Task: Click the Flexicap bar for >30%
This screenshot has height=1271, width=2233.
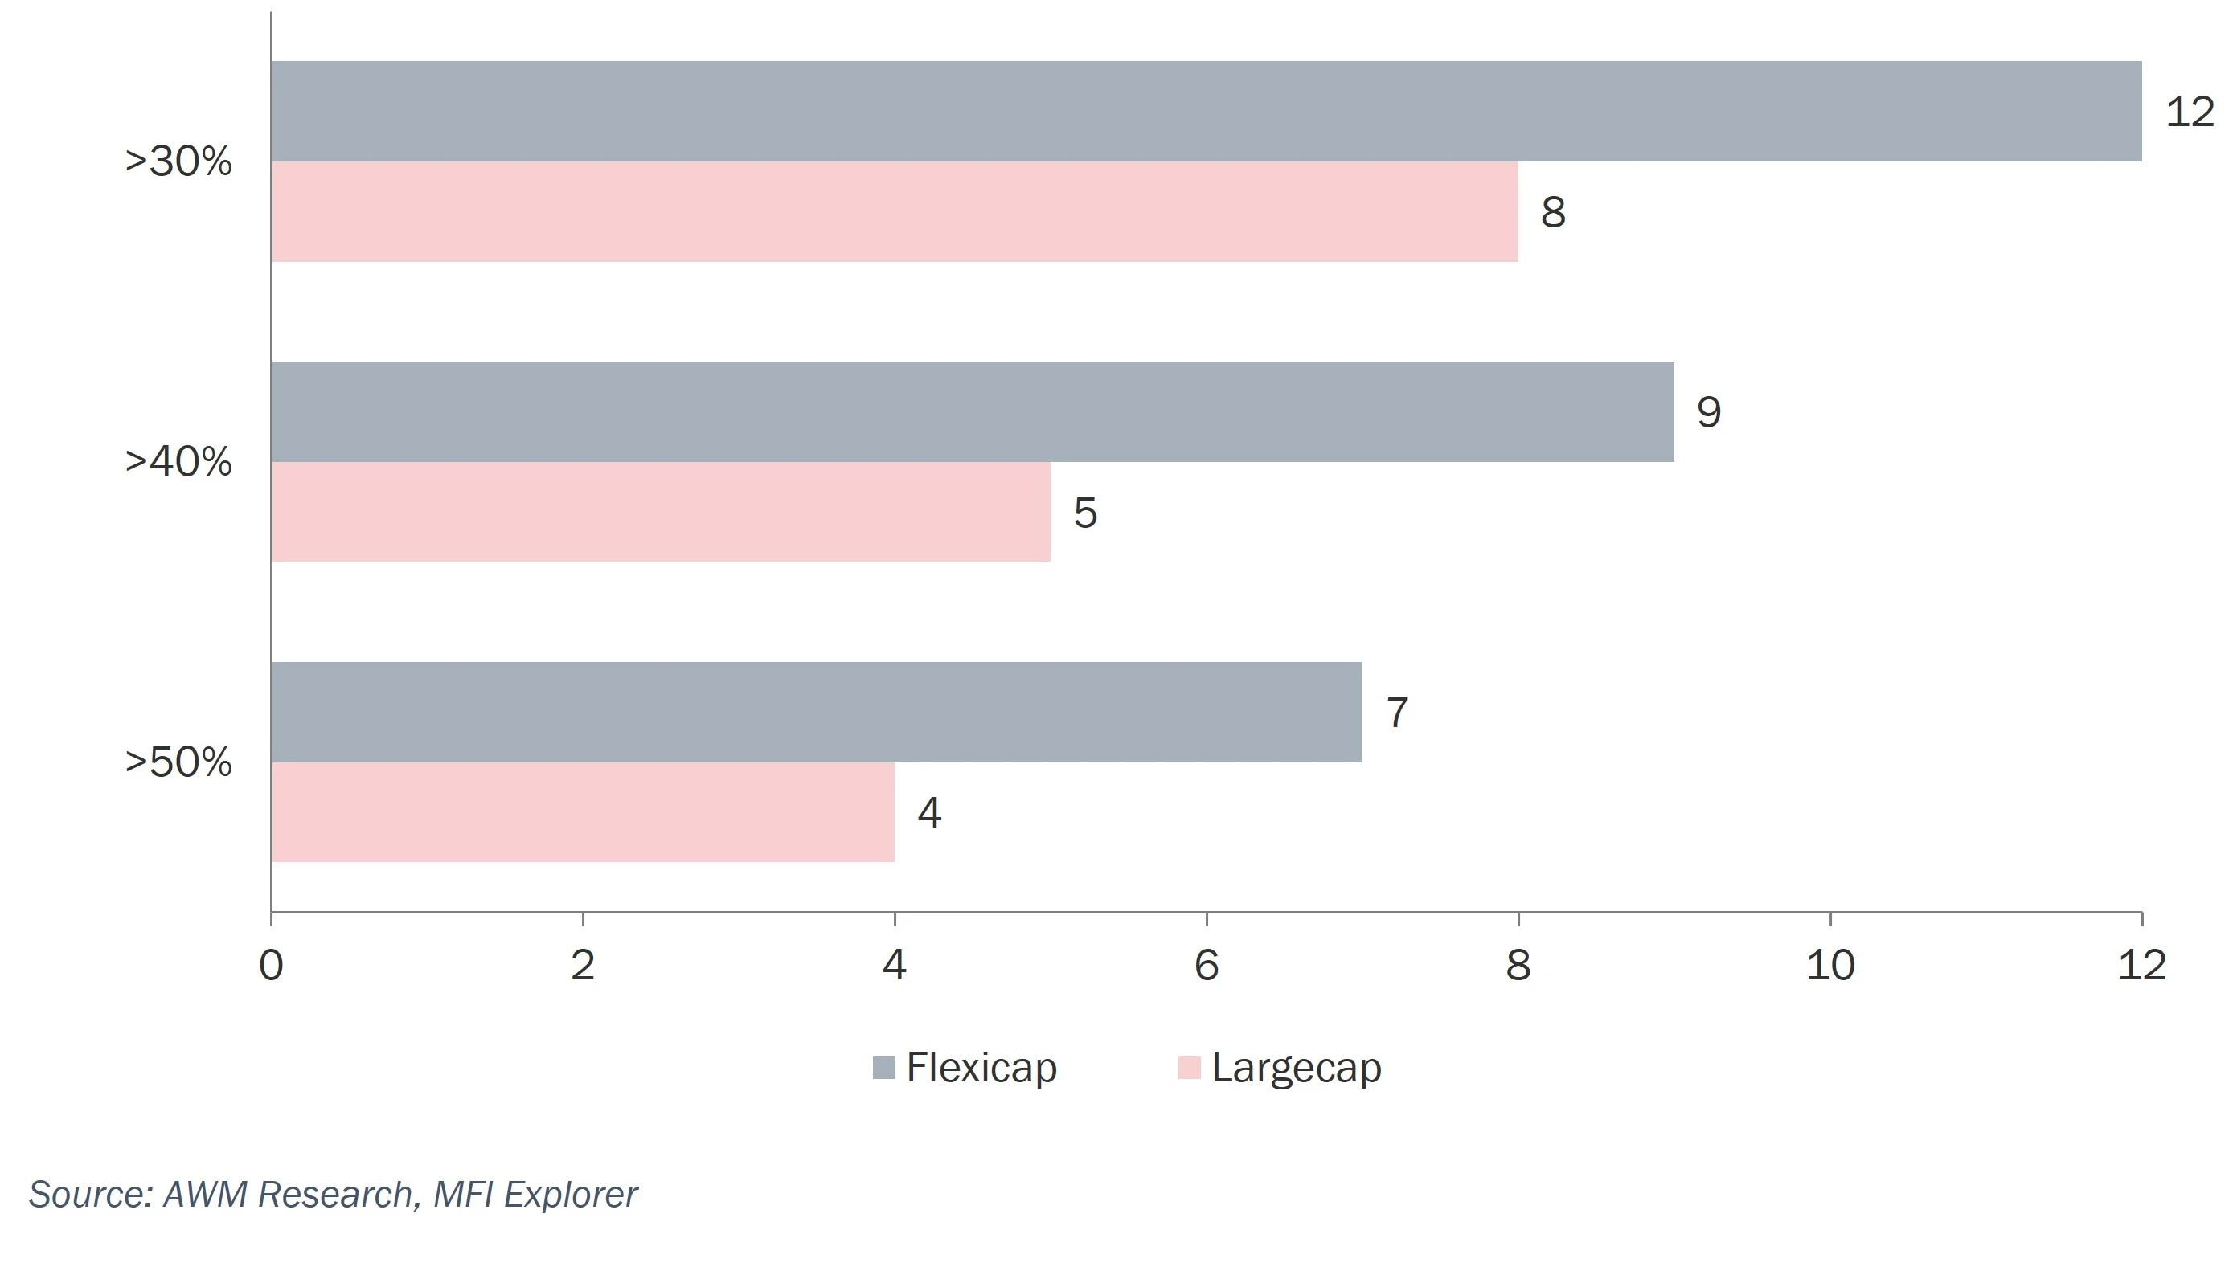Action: pyautogui.click(x=1205, y=111)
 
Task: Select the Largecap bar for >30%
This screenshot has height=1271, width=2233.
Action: pyautogui.click(x=895, y=211)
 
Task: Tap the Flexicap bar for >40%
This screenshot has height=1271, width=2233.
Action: pyautogui.click(x=972, y=411)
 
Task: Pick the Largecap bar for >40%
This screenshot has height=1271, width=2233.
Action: pyautogui.click(x=660, y=512)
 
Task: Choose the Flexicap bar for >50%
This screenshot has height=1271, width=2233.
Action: pyautogui.click(x=816, y=712)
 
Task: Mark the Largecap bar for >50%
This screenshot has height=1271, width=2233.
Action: pyautogui.click(x=583, y=811)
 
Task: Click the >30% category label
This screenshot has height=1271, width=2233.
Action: pyautogui.click(x=178, y=161)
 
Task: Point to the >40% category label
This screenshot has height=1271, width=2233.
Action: pyautogui.click(x=178, y=462)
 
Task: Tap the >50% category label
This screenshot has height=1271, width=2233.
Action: pyautogui.click(x=178, y=762)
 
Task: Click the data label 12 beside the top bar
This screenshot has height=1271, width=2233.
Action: pyautogui.click(x=2190, y=112)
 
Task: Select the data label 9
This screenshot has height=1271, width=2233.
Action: pyautogui.click(x=1708, y=412)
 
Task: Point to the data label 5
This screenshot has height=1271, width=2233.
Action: pyautogui.click(x=1084, y=513)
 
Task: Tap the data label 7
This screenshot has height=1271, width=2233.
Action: pyautogui.click(x=1397, y=713)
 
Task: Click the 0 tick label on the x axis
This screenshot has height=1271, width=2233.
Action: pyautogui.click(x=271, y=966)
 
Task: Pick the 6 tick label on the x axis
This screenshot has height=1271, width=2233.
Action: pyautogui.click(x=1206, y=966)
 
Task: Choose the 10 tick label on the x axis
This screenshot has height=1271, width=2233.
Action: pyautogui.click(x=1829, y=966)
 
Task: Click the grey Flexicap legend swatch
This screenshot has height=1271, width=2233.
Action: pyautogui.click(x=883, y=1068)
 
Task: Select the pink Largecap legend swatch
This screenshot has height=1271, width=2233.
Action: pyautogui.click(x=1189, y=1068)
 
